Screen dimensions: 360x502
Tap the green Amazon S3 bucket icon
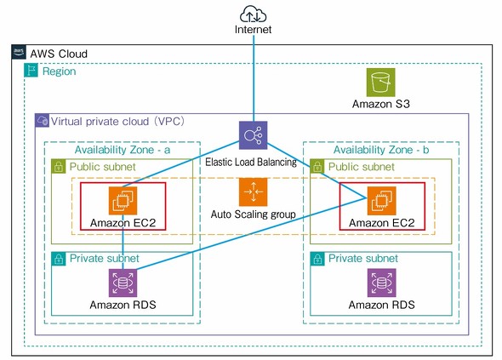380,83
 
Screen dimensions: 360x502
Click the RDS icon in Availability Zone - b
380,283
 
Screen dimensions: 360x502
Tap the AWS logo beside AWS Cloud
19,53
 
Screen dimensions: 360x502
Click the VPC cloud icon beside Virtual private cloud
42,121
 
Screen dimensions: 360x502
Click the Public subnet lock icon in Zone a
59,167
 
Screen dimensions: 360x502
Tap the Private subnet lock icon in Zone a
59,259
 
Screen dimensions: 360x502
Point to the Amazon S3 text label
380,105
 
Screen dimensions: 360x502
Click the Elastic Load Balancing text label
251,160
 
